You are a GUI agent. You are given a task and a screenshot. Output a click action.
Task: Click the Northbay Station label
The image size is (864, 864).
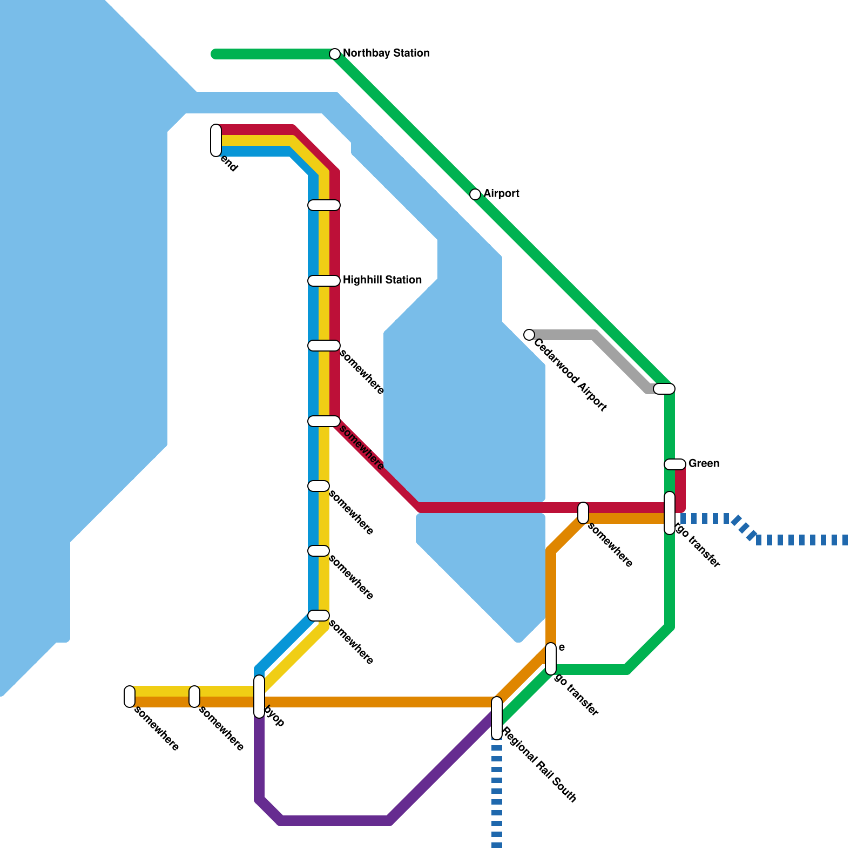tap(386, 53)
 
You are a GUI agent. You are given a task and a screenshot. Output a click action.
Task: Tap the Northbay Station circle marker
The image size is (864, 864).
tap(335, 54)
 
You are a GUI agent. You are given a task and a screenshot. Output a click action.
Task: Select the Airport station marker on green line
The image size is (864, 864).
tap(475, 194)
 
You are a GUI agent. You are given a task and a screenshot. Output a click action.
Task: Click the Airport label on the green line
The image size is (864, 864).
tap(501, 194)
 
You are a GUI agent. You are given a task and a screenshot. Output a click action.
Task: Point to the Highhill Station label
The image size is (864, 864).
tap(382, 280)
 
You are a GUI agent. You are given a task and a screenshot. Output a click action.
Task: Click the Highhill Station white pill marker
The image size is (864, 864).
tap(324, 281)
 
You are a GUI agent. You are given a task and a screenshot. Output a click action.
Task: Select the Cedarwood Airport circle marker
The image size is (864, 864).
tap(529, 335)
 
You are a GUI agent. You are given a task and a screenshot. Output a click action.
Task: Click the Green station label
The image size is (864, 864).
tap(704, 464)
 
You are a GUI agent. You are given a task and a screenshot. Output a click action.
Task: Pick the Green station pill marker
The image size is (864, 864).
tap(675, 464)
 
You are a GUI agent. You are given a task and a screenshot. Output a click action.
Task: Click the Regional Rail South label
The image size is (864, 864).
tap(540, 765)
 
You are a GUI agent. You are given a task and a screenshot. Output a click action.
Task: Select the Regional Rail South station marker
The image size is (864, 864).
tap(497, 718)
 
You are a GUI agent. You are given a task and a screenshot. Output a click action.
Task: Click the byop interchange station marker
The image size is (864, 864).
tap(259, 697)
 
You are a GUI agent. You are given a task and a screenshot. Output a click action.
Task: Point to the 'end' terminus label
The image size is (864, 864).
tap(229, 165)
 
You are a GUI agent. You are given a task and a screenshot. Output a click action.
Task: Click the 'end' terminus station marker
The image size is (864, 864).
tap(216, 140)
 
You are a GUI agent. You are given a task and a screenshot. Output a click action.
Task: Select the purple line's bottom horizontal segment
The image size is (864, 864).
tap(335, 821)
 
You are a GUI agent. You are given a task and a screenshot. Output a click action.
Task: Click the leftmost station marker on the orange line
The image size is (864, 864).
tap(130, 697)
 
